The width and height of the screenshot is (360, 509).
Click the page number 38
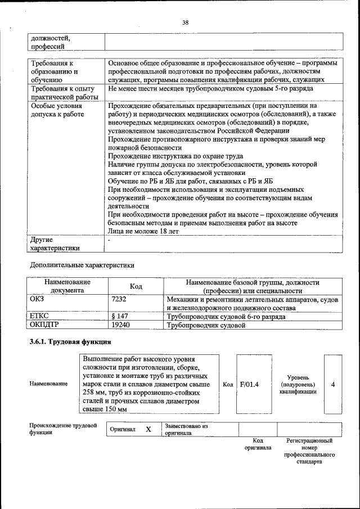tap(185, 23)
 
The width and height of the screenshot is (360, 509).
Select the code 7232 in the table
tap(119, 300)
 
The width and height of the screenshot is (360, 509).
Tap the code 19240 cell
tap(121, 325)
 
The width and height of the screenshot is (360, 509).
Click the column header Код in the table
tap(136, 286)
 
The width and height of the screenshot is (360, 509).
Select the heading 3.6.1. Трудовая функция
tap(70, 342)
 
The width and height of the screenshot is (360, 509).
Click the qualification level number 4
tap(333, 385)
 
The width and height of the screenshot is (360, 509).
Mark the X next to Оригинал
tap(148, 430)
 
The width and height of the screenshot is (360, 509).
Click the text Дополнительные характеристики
tap(82, 264)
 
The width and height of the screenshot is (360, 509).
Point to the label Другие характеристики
tap(55, 243)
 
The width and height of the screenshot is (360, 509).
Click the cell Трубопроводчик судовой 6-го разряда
tap(226, 317)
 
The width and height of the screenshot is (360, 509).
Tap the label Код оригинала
tap(258, 444)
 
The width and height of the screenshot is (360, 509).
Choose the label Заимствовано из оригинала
tap(186, 430)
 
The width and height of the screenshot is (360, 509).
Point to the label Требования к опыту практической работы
tap(66, 92)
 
